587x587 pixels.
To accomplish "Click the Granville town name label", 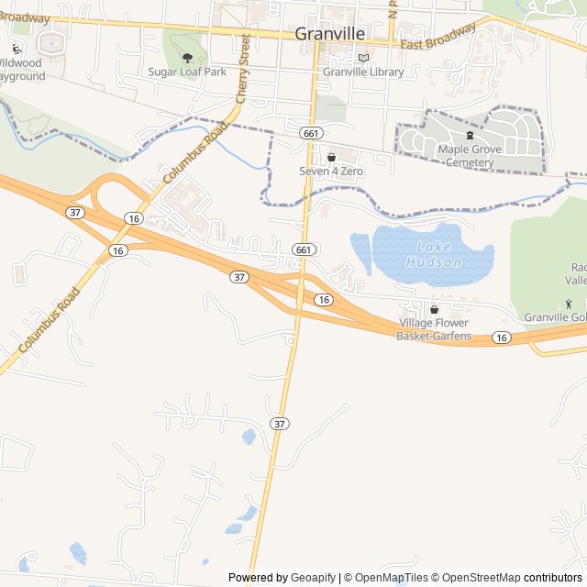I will click(x=330, y=33).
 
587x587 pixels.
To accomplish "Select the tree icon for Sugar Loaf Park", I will click(x=187, y=57).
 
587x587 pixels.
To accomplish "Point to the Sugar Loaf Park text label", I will click(x=186, y=71).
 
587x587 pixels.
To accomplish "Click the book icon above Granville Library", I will click(x=363, y=57).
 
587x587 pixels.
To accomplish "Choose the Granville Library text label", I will click(x=363, y=72).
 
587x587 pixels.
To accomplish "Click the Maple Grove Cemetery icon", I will click(x=470, y=135).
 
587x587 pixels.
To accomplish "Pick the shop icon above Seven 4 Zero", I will click(x=331, y=158).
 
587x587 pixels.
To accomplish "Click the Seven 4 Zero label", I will click(x=331, y=171).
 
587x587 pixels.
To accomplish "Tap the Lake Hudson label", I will click(x=439, y=254).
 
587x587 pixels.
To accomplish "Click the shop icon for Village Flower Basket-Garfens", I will click(x=434, y=310).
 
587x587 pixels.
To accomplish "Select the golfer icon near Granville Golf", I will click(x=568, y=304).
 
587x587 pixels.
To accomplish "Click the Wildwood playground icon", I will click(x=17, y=49).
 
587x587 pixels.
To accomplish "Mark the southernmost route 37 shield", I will click(x=280, y=423).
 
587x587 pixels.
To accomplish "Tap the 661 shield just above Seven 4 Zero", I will click(x=309, y=133).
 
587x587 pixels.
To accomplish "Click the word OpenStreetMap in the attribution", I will click(x=476, y=577).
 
